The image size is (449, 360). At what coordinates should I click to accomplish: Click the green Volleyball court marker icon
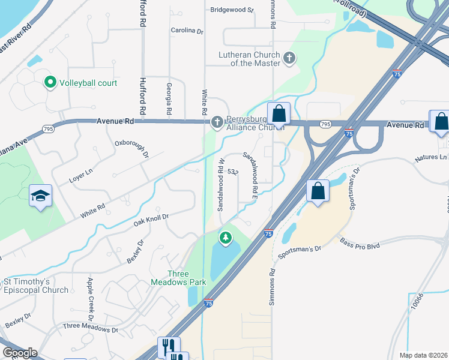pos(51,83)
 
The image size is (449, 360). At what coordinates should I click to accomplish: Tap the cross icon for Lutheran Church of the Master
pos(290,58)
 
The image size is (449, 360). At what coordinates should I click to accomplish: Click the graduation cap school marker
pos(41,195)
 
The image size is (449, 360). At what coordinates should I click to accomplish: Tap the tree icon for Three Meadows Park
pos(226,238)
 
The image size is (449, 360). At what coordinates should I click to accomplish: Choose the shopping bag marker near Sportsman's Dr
pos(318,191)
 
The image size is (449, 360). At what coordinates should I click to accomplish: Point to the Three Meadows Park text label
pos(186,278)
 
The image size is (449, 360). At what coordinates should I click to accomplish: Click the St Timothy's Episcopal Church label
pos(37,286)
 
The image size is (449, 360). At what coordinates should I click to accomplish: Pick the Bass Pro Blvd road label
pos(360,245)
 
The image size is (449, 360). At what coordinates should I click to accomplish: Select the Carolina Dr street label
pos(187,30)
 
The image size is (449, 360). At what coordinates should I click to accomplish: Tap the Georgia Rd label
pos(170,99)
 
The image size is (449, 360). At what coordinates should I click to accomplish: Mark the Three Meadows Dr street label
pos(91,329)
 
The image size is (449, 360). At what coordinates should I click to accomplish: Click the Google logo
pos(20,353)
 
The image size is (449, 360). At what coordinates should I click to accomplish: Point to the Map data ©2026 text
pos(423,355)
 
